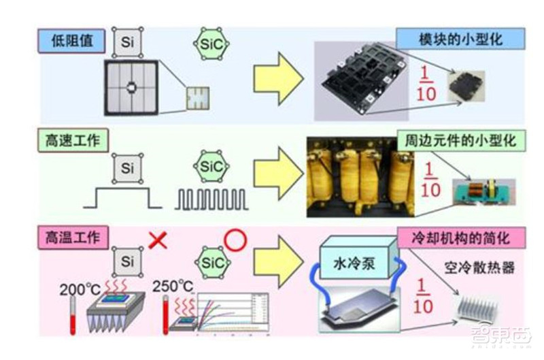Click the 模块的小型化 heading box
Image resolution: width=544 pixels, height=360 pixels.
coord(460,39)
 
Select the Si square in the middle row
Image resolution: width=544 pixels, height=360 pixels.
coord(127,166)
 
